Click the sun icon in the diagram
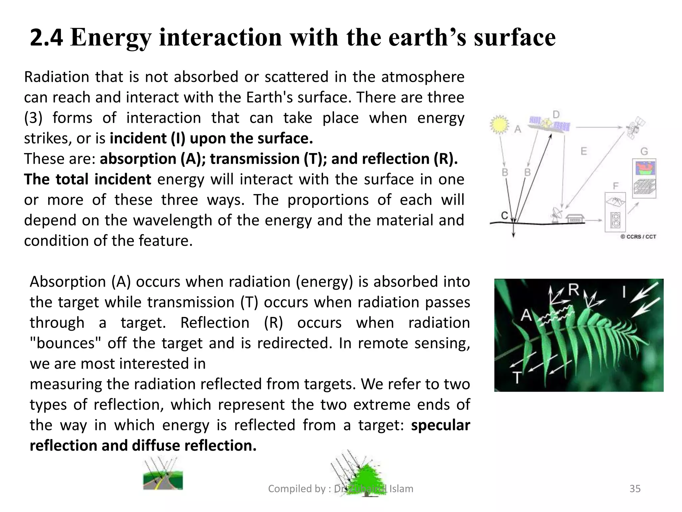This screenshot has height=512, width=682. pyautogui.click(x=499, y=124)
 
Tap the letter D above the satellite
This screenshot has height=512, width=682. pyautogui.click(x=556, y=115)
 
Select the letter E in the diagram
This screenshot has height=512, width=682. pyautogui.click(x=584, y=151)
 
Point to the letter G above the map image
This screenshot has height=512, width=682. pyautogui.click(x=644, y=151)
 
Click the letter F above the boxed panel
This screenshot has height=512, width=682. pyautogui.click(x=615, y=186)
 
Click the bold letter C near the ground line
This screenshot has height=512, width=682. pyautogui.click(x=505, y=216)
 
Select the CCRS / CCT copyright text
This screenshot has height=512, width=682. pyautogui.click(x=638, y=237)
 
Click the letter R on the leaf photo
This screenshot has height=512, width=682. pyautogui.click(x=573, y=290)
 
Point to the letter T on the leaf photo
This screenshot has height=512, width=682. pyautogui.click(x=516, y=378)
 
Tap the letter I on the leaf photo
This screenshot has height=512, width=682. pyautogui.click(x=624, y=292)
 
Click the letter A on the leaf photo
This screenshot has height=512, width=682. pyautogui.click(x=526, y=315)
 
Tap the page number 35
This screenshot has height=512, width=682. pyautogui.click(x=635, y=489)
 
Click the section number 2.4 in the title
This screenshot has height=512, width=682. pyautogui.click(x=46, y=37)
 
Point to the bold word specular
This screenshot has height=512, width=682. pyautogui.click(x=440, y=425)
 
